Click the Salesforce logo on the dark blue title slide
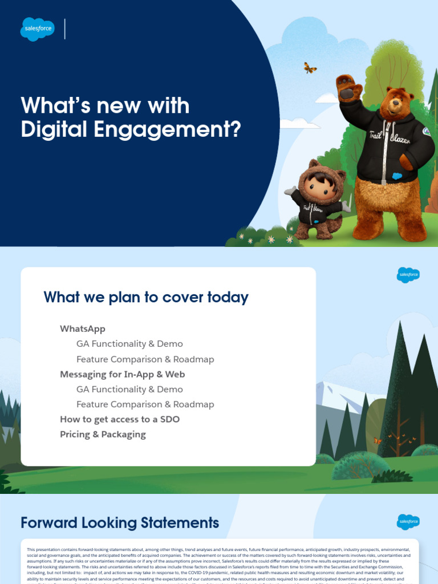(x=38, y=29)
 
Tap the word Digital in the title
(x=51, y=129)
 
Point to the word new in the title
(x=122, y=106)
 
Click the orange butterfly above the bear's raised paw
(x=310, y=68)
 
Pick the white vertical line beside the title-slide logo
(x=65, y=29)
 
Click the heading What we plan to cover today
(x=146, y=297)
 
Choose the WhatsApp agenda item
(x=83, y=329)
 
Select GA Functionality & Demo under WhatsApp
(x=129, y=344)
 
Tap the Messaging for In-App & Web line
(x=123, y=375)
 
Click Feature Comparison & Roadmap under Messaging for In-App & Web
(x=145, y=404)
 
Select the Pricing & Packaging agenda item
(x=103, y=435)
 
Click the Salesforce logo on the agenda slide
(x=408, y=275)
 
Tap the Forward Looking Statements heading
(x=120, y=523)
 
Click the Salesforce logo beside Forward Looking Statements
(x=408, y=522)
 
